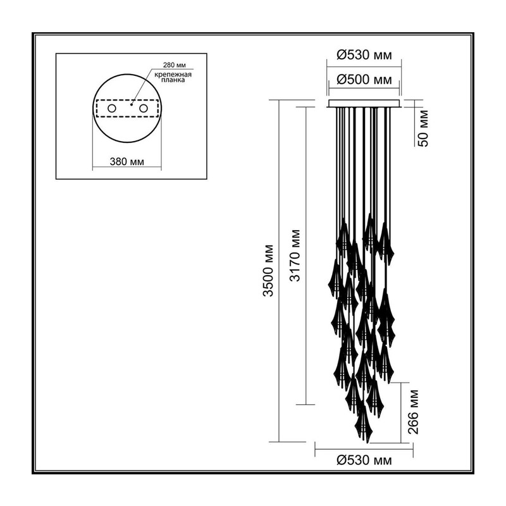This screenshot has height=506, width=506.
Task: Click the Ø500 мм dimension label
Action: (364, 80)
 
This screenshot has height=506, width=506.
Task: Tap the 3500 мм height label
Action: (268, 271)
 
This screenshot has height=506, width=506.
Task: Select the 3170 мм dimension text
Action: (295, 256)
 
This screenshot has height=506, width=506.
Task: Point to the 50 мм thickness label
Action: (424, 128)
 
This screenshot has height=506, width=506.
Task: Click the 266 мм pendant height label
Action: (414, 412)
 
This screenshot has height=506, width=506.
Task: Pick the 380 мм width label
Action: (127, 161)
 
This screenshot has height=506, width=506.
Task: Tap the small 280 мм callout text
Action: (175, 65)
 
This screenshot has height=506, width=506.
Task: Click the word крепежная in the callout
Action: (173, 75)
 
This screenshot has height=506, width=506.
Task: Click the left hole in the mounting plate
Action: (112, 108)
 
